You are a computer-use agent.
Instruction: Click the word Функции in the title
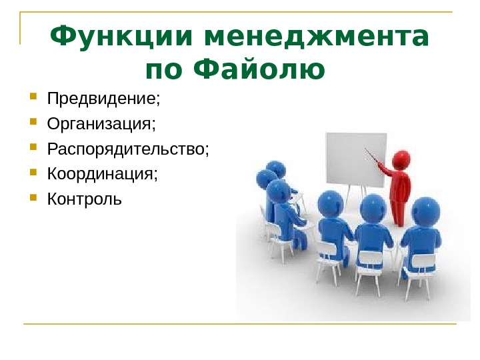[x=121, y=37]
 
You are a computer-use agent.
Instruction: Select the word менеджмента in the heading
[x=315, y=37]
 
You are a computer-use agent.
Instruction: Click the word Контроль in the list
[x=85, y=199]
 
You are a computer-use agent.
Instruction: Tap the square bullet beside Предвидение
[x=33, y=97]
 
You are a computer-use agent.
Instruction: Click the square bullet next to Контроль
[x=33, y=197]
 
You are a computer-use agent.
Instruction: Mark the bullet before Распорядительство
[x=33, y=147]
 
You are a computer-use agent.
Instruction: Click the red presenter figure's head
[x=401, y=159]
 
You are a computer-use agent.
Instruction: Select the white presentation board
[x=356, y=160]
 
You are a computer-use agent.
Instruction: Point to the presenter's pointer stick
[x=372, y=156]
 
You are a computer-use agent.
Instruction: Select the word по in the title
[x=164, y=69]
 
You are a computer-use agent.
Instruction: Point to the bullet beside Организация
[x=33, y=122]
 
